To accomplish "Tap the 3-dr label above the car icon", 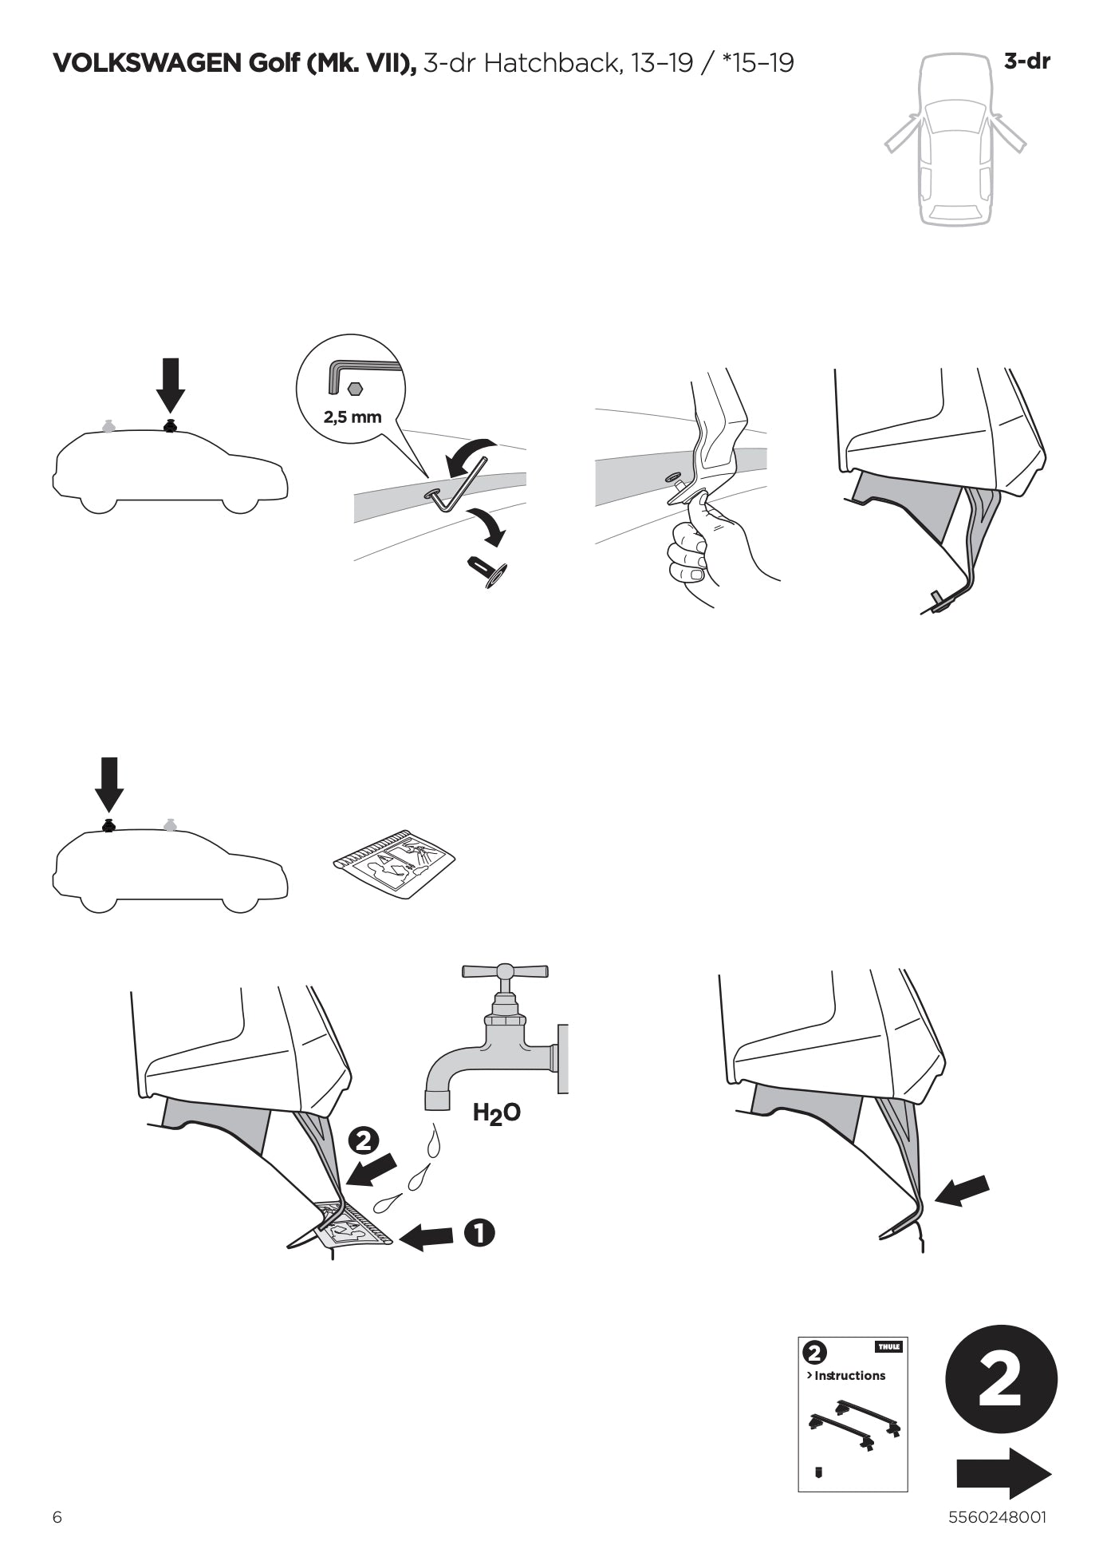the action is click(x=1027, y=61).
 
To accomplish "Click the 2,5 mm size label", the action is click(x=353, y=417).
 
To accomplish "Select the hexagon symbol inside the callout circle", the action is click(x=356, y=388).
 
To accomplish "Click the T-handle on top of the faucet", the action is click(x=505, y=970).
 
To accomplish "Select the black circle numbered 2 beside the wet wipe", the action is click(x=363, y=1141).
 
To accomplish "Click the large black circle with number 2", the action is click(x=1001, y=1380).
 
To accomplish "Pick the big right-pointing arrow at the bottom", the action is click(x=1003, y=1473).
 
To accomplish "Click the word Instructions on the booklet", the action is click(x=849, y=1375).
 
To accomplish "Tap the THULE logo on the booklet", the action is click(x=888, y=1346).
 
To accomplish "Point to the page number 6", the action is click(x=57, y=1517).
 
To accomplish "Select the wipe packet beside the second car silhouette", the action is click(x=394, y=863).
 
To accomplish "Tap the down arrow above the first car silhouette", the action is click(x=171, y=385).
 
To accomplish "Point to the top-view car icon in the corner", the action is click(x=955, y=139).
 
